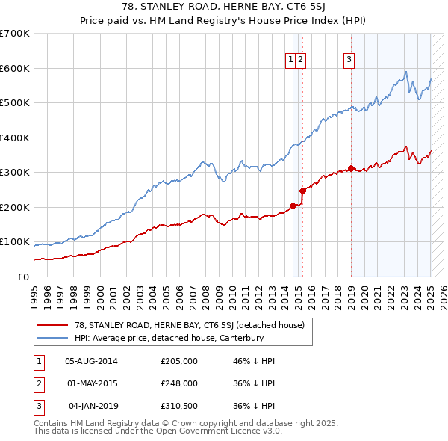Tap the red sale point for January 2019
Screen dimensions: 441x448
(351, 169)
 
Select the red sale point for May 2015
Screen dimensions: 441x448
(302, 191)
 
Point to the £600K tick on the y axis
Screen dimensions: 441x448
(16, 68)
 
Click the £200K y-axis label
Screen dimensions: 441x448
(16, 207)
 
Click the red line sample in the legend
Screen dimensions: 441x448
(53, 325)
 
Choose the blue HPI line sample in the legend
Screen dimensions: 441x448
(53, 338)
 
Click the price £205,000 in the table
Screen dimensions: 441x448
(179, 360)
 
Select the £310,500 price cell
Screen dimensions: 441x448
(179, 406)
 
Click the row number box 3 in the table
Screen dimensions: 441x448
(37, 406)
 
